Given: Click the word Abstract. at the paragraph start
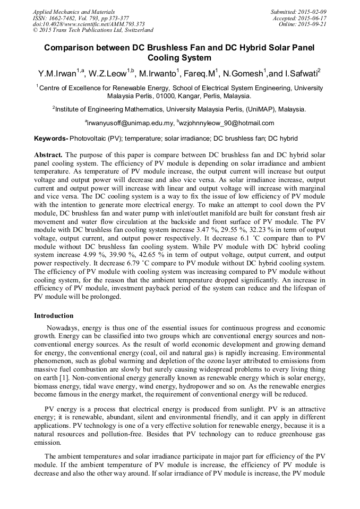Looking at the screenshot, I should [x=48, y=154].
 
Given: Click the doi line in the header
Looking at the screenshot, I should [x=89, y=24].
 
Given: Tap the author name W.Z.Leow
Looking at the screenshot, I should [x=112, y=72].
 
